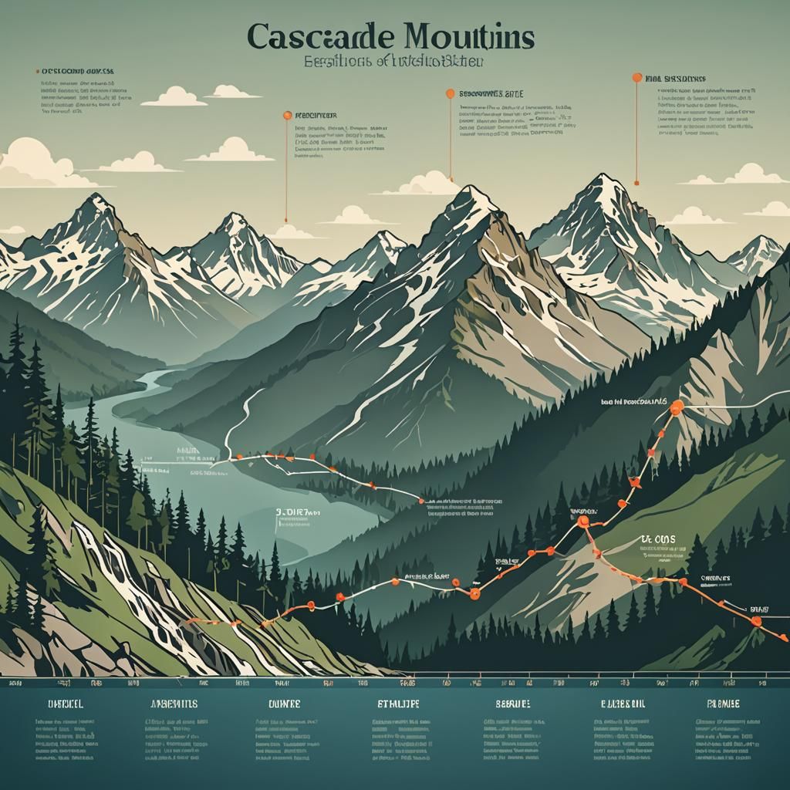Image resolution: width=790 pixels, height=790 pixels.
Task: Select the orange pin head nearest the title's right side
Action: (x=450, y=93)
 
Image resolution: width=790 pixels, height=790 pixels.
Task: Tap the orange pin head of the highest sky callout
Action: (x=636, y=77)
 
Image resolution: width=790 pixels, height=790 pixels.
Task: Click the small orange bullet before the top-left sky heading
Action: (x=37, y=71)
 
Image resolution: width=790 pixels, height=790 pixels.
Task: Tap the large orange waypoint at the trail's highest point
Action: (x=677, y=408)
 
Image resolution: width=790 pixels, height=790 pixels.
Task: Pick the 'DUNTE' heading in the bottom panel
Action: (x=283, y=704)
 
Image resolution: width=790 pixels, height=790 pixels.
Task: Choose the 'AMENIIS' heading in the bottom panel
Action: (x=172, y=704)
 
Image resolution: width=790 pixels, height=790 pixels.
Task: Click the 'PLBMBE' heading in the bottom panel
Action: (x=723, y=704)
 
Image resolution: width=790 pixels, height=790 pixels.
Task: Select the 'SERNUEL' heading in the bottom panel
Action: (x=512, y=704)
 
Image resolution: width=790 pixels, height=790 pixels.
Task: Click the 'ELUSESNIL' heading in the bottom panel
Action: (x=623, y=704)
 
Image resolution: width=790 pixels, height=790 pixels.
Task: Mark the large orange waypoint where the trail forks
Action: (x=583, y=522)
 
